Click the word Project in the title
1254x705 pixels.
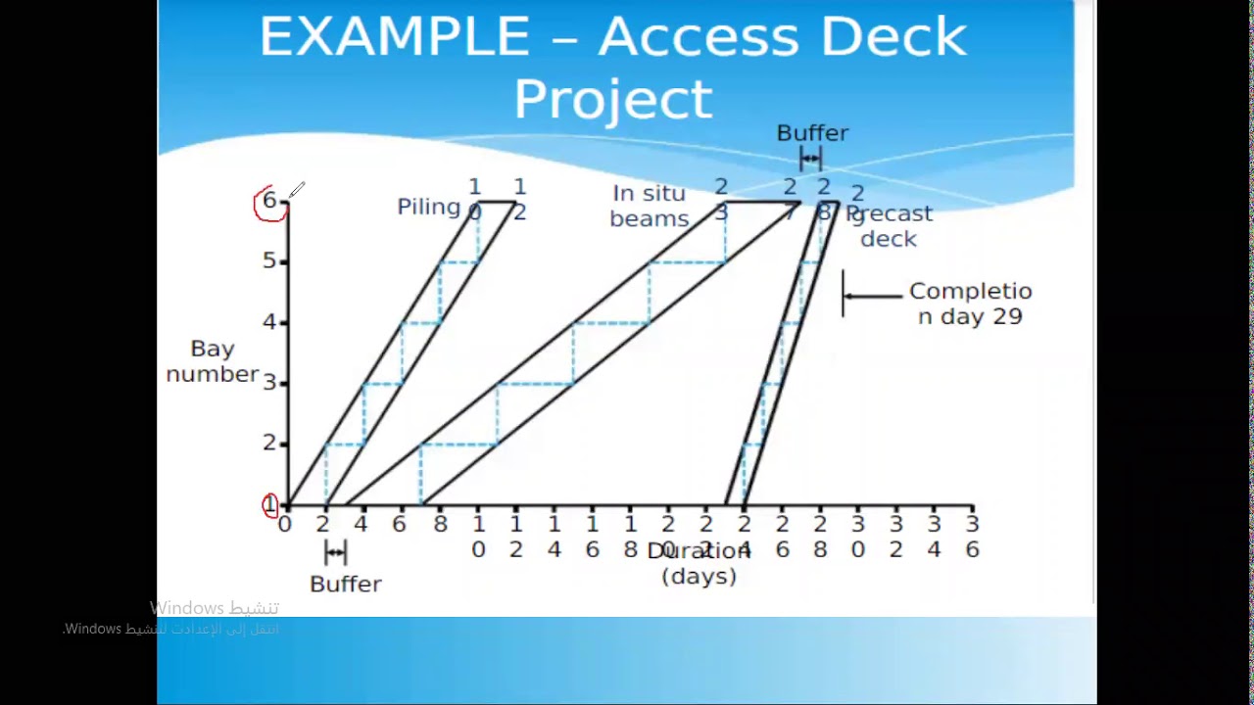pos(613,100)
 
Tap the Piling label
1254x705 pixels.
pos(428,207)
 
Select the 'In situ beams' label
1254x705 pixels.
pos(649,207)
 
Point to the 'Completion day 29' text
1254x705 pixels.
pos(970,304)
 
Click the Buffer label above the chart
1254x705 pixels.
pos(812,133)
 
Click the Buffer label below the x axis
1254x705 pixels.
pos(345,584)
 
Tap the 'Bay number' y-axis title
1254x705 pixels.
pos(213,361)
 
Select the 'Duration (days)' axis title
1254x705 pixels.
pos(699,564)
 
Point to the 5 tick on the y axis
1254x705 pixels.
pos(269,261)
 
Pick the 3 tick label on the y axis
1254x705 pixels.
pos(269,382)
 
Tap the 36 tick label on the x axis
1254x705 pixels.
pos(972,538)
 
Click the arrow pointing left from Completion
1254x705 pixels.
pos(872,295)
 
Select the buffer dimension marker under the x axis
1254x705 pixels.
pos(335,553)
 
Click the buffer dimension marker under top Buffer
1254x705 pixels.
pos(810,159)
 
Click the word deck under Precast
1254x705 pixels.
pos(889,239)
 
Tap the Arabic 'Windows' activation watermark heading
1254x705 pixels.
pos(214,608)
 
